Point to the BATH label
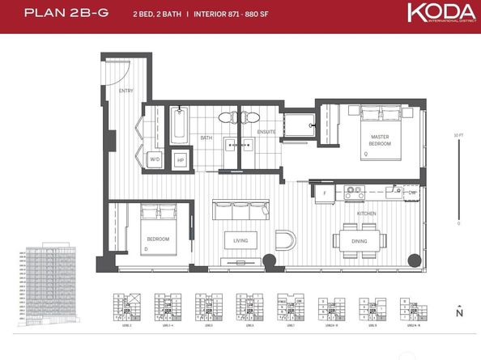[x=206, y=138]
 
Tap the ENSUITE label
[x=266, y=132]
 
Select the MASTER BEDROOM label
[x=380, y=140]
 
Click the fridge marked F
[x=325, y=193]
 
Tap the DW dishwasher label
[x=411, y=193]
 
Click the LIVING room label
[x=240, y=240]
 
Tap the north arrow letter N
[x=459, y=313]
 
